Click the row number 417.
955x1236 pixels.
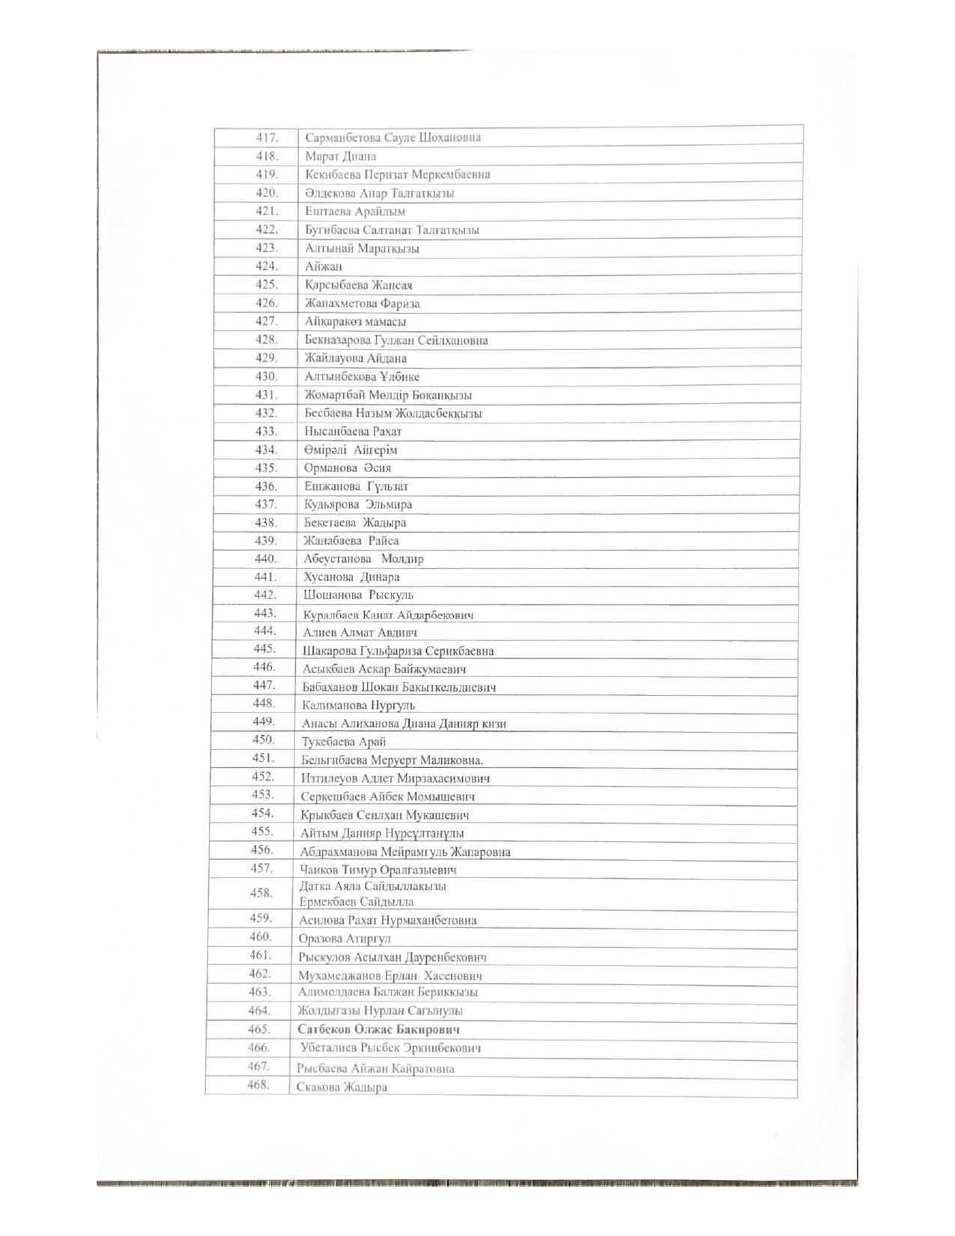267,138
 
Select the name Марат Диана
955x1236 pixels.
341,157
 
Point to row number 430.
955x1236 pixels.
266,377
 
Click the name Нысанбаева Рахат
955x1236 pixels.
353,431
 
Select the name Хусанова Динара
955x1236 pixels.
351,578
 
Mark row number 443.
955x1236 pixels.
265,614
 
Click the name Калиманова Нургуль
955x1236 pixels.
358,705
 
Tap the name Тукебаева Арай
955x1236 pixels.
344,742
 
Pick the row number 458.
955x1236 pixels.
261,893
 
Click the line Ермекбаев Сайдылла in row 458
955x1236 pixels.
356,902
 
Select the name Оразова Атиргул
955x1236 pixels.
345,939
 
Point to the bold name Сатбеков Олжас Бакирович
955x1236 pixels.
378,1029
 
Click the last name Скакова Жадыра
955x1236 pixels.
342,1087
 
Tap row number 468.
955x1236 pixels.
258,1085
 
